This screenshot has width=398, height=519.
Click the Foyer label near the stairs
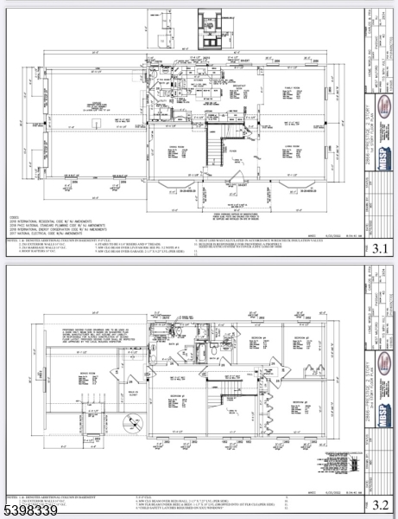point(231,151)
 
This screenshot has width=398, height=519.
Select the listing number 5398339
point(30,510)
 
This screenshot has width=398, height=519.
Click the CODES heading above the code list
point(13,217)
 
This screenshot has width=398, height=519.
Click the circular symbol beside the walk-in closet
point(130,424)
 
